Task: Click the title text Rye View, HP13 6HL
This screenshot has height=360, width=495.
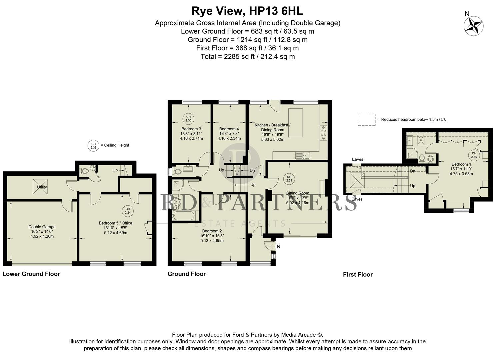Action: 247,11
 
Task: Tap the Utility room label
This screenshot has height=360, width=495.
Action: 42,187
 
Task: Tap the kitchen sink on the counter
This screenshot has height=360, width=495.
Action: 303,155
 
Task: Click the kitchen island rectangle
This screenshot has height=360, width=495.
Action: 295,122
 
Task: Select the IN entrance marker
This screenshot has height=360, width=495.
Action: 277,247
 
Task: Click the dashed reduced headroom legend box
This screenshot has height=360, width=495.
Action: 366,119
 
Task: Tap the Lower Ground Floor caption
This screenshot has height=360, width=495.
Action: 31,274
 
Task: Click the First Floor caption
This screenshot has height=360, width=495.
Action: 358,275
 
